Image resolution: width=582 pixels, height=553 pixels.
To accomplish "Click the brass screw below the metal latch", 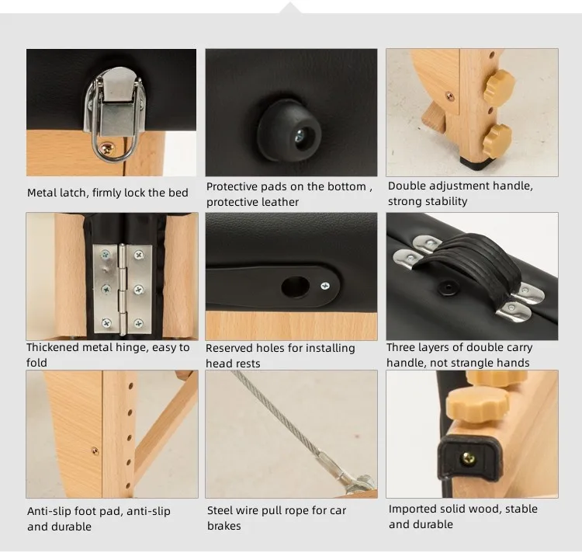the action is point(109,149).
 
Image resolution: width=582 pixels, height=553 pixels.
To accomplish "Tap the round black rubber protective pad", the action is point(289,130).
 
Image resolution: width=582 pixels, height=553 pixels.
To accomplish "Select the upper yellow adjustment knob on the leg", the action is point(498,86).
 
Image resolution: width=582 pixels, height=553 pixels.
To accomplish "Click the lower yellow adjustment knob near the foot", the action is point(497,137).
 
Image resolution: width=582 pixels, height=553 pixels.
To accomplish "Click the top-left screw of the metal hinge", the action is point(106,255).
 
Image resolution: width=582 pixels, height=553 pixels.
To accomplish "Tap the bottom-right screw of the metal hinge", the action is point(138,323).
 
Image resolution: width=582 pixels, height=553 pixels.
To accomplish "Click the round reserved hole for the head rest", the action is point(295,287).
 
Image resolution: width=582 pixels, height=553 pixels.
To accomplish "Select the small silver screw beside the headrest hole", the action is point(325,286).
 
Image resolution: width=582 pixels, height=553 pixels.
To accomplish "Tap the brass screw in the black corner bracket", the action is point(468,459).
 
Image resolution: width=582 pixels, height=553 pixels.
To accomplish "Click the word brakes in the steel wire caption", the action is point(223,526).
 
